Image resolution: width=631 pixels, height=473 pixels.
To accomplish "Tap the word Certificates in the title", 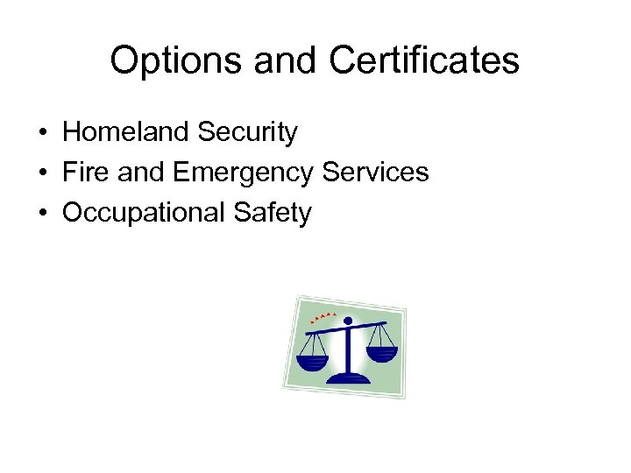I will pos(424,61).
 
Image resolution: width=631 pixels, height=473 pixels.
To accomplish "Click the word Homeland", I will pos(126,132).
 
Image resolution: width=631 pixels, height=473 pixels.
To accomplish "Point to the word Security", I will pos(248,132).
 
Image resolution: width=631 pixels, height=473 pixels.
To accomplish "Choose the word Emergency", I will pos(243,173).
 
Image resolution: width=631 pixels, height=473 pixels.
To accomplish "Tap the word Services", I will pos(374,173).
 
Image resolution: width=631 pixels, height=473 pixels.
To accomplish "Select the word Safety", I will pos(273,213).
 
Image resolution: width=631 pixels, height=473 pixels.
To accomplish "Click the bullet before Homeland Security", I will pos(41,133).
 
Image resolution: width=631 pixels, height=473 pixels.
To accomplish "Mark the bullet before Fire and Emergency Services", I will pos(41,173).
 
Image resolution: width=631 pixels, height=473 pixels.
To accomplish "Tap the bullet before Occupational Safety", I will pos(41,214).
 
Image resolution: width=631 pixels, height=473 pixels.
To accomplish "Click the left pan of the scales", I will pos(312,362).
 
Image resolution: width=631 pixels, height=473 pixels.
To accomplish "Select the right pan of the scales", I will pos(381,353).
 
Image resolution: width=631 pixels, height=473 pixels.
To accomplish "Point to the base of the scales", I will pos(348,378).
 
